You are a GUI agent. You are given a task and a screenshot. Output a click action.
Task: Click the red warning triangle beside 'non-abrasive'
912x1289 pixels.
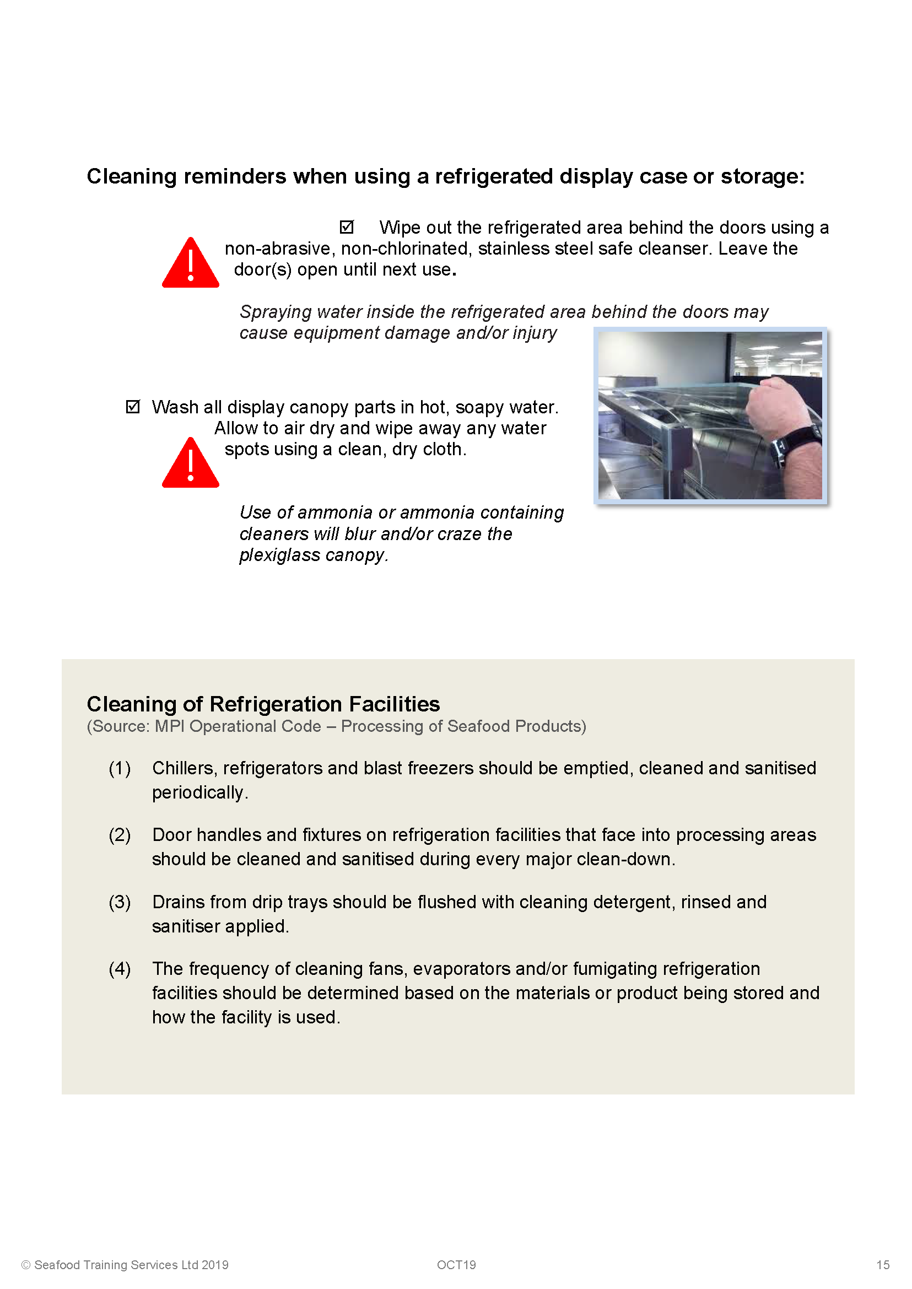(190, 265)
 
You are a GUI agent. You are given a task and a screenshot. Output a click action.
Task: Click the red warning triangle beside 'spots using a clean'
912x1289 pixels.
(190, 465)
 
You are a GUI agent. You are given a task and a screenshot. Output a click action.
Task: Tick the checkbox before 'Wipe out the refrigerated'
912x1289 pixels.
(347, 227)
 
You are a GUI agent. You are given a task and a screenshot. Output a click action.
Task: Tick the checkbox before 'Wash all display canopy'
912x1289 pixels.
(133, 407)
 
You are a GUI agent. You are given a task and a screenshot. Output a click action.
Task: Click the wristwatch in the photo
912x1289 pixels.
(797, 444)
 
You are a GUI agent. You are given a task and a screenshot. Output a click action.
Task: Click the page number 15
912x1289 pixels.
(882, 1265)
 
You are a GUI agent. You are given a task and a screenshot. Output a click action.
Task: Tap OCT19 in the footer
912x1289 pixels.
(456, 1265)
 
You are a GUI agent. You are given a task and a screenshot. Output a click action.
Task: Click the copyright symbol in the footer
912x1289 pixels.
(25, 1265)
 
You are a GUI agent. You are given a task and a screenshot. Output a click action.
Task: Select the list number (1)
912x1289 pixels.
(120, 768)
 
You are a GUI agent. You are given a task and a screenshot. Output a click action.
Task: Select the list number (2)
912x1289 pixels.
(120, 835)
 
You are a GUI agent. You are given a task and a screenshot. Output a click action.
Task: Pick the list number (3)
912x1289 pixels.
(120, 902)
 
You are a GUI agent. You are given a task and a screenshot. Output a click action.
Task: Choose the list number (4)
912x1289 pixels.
(120, 969)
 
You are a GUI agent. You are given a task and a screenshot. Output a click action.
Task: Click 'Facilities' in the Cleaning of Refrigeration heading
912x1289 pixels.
(394, 704)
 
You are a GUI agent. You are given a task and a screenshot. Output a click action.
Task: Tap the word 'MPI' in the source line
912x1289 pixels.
(170, 726)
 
